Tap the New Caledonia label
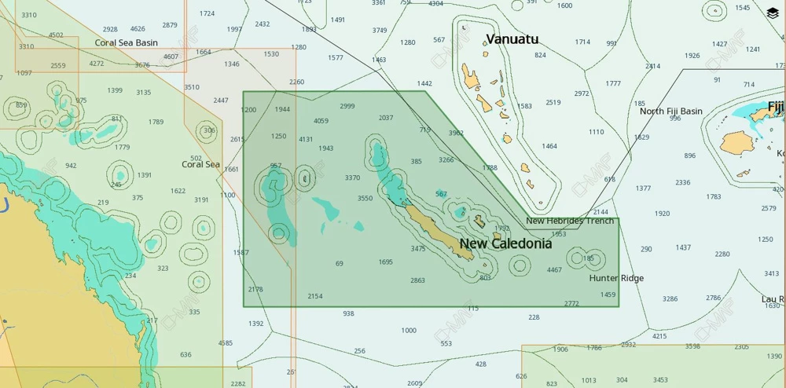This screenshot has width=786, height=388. (x=505, y=243)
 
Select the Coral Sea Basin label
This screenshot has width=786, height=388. (x=126, y=43)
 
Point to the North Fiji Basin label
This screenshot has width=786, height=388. (x=670, y=112)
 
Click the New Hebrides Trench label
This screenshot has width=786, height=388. (x=570, y=221)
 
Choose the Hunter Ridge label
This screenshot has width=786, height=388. (x=616, y=278)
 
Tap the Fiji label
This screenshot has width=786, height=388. (x=776, y=106)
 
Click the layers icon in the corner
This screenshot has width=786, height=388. (x=772, y=13)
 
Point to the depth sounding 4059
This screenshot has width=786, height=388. (x=321, y=121)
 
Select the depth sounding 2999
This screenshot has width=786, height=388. (x=347, y=106)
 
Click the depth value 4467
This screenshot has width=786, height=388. (x=554, y=270)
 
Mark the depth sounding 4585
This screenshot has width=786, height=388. (x=226, y=343)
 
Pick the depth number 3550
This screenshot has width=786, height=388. (x=365, y=199)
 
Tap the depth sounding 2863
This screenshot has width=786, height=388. (x=417, y=280)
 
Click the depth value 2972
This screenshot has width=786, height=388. (x=581, y=93)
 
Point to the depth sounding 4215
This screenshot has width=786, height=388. (x=659, y=336)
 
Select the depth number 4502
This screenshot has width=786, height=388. (x=56, y=35)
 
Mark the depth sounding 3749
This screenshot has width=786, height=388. (x=380, y=31)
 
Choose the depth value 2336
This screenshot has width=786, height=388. (x=682, y=182)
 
